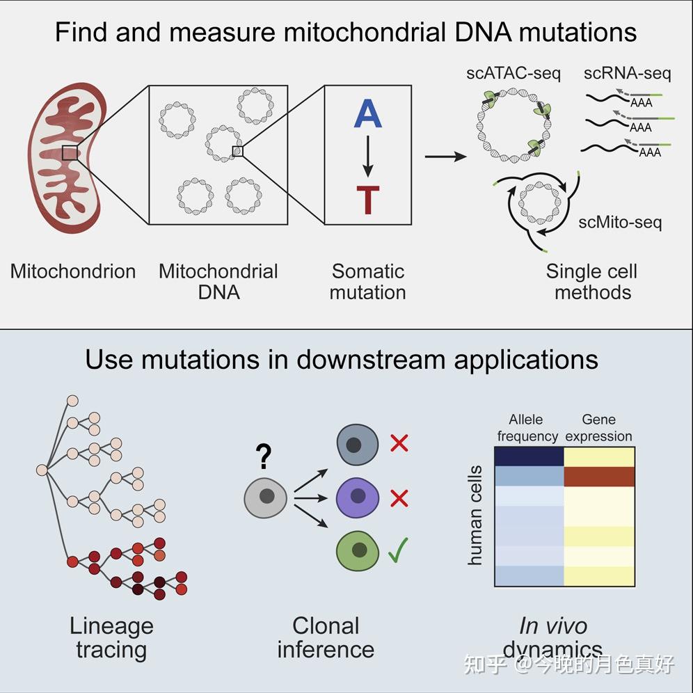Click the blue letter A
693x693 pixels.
pos(367,114)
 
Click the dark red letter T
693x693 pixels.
pos(367,199)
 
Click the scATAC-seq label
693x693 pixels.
pos(513,73)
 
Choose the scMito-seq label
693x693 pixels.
pos(620,223)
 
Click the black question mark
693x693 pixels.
pos(263,456)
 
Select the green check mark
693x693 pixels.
pos(397,550)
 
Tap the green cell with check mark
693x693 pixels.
pos(358,550)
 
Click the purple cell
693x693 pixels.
pos(358,497)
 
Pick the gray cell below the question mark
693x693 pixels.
pos(265,497)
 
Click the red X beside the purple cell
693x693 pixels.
pos(399,498)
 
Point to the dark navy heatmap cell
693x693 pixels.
pos(529,456)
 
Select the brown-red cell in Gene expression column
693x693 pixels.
pos(599,477)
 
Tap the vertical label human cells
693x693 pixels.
pos(475,515)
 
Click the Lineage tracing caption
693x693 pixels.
pos(111,637)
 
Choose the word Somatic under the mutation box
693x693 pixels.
pos(367,271)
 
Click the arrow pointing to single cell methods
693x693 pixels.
pos(445,157)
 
